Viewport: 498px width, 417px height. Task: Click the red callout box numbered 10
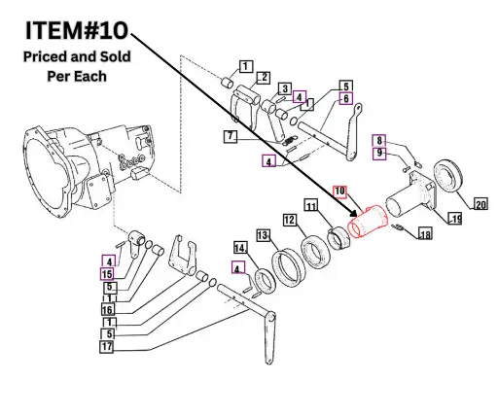(340, 191)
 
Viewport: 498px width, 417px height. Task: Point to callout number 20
(480, 204)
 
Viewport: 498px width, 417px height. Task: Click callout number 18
(424, 234)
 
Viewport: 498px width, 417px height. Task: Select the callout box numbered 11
(310, 206)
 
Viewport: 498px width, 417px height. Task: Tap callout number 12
(290, 221)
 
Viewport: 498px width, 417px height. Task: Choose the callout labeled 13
(263, 235)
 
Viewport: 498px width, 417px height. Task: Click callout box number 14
(240, 249)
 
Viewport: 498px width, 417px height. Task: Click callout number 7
(230, 136)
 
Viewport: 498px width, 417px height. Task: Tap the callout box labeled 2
(262, 77)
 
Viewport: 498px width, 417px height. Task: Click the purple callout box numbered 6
(344, 98)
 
